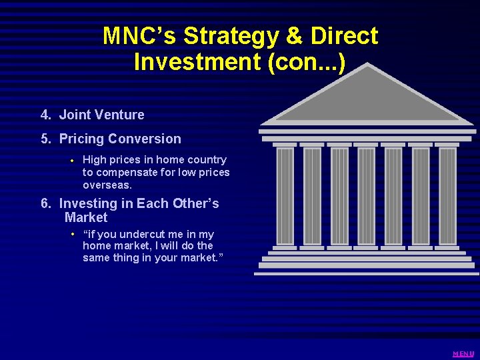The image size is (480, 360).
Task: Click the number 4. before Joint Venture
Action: point(45,115)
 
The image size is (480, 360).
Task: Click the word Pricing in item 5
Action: point(81,139)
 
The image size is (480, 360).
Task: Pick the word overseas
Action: point(107,185)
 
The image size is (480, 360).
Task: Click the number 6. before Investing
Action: point(45,203)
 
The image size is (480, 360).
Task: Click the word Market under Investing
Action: point(86,217)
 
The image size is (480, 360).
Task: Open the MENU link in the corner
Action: point(463,353)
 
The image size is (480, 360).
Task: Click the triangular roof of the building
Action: point(366,100)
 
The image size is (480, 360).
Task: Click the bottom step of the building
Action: point(367,273)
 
